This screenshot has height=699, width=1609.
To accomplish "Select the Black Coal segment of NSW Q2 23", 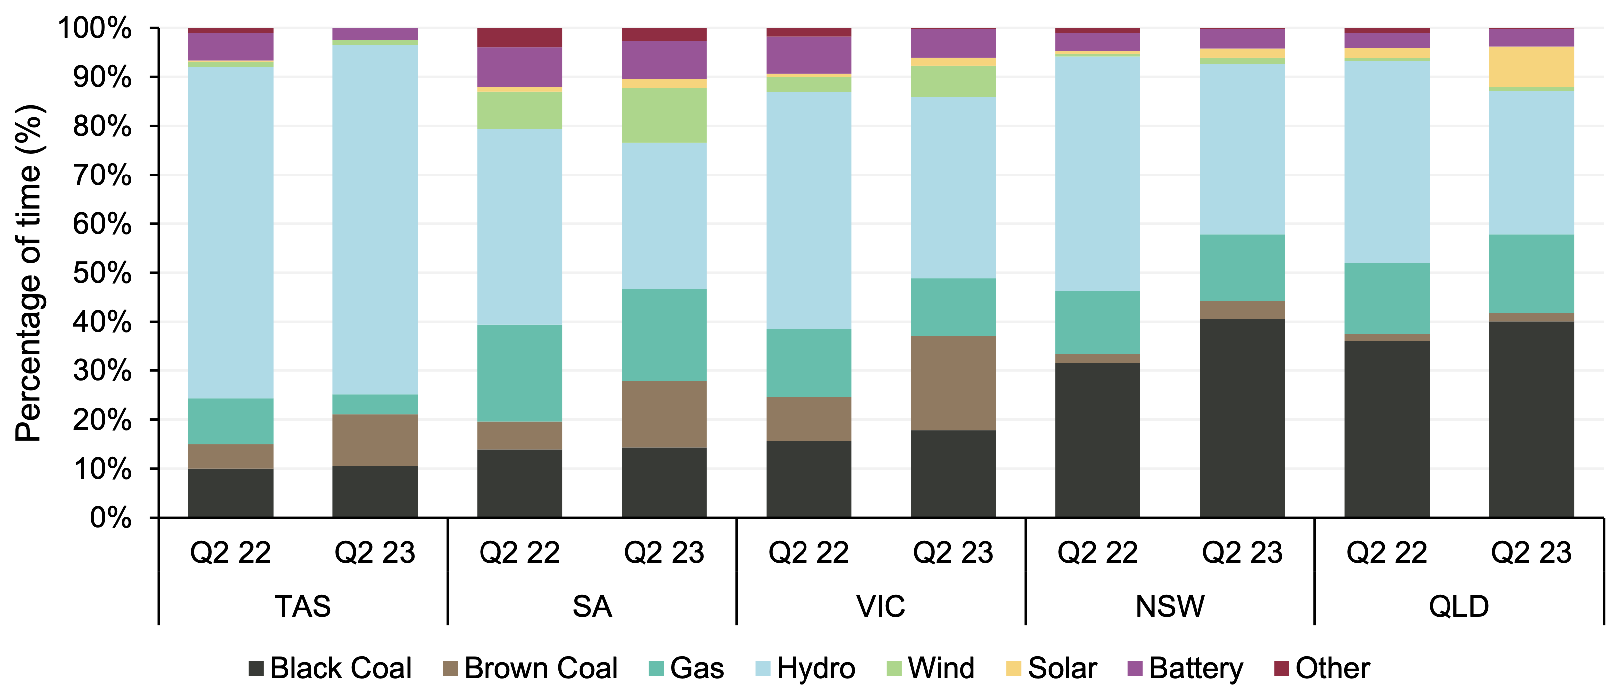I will (1242, 418).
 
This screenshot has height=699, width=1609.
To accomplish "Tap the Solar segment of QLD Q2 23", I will (1531, 67).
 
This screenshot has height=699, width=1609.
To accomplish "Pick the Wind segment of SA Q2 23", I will (664, 115).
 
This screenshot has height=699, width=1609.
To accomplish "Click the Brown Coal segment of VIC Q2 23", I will (953, 382).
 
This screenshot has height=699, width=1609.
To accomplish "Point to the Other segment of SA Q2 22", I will (519, 37).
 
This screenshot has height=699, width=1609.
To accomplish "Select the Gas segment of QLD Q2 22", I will (1387, 298).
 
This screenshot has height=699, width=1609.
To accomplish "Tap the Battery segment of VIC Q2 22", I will (808, 55).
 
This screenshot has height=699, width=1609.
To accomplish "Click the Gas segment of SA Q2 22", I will (519, 373).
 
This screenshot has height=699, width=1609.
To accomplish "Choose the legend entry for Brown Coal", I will (530, 668).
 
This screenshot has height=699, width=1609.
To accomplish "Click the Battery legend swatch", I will (1135, 668).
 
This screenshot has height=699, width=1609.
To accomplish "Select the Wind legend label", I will (941, 668).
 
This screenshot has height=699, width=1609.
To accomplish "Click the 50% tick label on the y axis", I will (103, 273).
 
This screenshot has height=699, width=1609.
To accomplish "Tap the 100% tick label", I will (95, 29).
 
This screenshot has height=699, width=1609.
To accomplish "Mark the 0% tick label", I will (111, 518).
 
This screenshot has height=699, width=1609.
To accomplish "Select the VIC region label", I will (881, 606).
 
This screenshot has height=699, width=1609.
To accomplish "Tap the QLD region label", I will (1458, 606).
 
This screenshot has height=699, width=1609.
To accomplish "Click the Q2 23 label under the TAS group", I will (375, 553).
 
